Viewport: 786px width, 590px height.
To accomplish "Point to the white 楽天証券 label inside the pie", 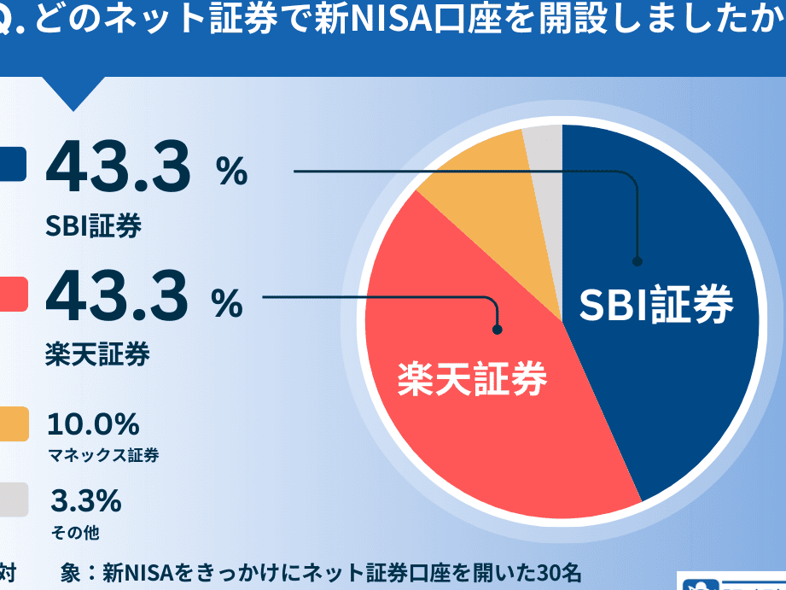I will coord(472,378).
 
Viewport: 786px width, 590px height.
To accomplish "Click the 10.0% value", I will coord(93,424).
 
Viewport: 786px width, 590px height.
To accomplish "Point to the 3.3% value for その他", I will coord(85,500).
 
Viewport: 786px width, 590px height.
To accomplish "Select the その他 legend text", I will coord(75,533).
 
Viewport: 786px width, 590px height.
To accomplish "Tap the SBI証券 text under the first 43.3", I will coord(94,226).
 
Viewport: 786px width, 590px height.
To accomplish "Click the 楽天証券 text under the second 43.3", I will coord(97,353).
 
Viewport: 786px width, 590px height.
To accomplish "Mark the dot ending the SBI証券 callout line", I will coord(637,261).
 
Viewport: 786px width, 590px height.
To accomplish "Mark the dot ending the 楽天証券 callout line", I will coord(498,328).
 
